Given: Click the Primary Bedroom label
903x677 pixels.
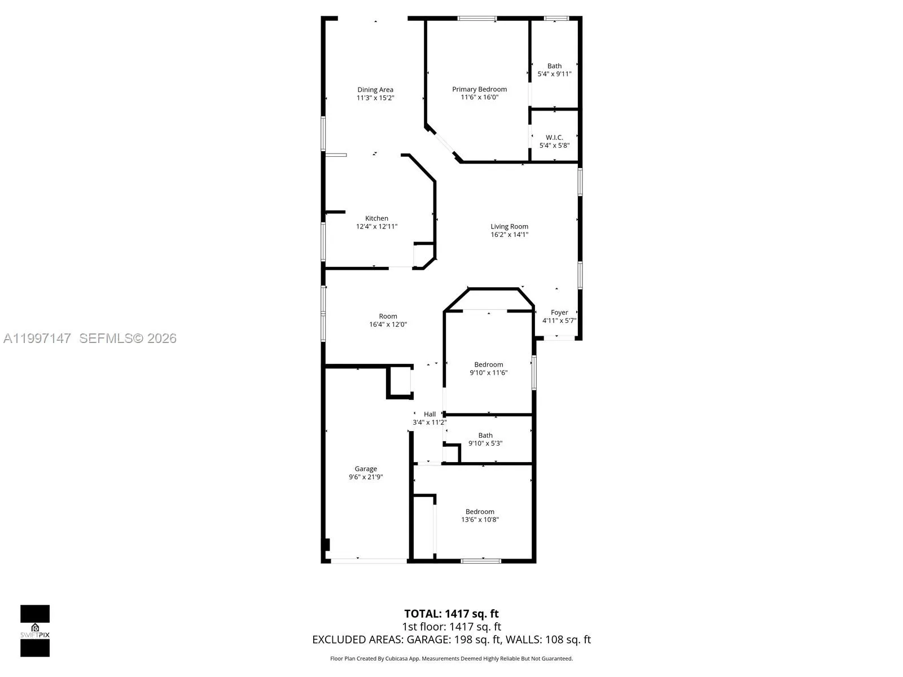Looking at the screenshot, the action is tap(479, 89).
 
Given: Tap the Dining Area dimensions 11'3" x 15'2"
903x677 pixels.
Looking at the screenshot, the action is tap(375, 98).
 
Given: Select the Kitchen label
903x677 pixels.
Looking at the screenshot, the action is tap(376, 218).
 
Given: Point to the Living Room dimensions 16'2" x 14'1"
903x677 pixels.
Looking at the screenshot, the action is tap(509, 234).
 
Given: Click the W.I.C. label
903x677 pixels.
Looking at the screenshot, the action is tap(554, 137).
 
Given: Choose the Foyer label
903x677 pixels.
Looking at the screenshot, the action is tap(559, 313).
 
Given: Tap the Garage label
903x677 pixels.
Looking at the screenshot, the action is tap(366, 469).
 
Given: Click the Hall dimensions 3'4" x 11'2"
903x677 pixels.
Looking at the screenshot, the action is tap(429, 422).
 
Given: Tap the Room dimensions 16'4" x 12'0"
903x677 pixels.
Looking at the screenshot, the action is tap(388, 324).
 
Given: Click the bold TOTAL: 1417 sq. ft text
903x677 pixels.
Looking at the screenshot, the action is tap(451, 614).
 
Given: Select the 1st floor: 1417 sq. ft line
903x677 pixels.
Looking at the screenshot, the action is tap(451, 626).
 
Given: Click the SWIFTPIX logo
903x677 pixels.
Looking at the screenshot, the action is tap(35, 631).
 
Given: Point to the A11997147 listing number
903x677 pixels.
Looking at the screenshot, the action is tap(37, 338).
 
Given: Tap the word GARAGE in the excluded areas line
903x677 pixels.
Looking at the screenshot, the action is tap(428, 640).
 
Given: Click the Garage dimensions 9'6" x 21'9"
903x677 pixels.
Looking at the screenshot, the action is tap(366, 477).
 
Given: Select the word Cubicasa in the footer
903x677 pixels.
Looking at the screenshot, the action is tap(397, 658).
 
